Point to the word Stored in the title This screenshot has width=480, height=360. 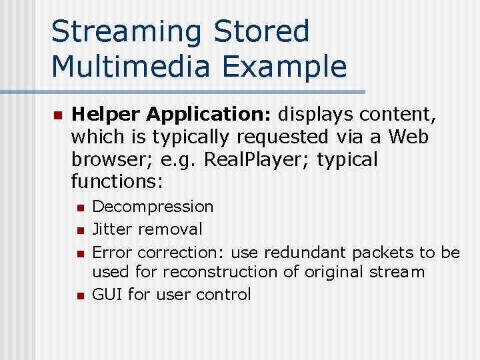[x=262, y=32]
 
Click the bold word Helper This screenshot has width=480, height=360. [x=107, y=115]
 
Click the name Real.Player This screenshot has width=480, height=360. [x=255, y=159]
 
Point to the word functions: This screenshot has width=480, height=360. [x=117, y=181]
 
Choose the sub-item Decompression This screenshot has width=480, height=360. [x=153, y=207]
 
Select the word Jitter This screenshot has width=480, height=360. [x=113, y=229]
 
